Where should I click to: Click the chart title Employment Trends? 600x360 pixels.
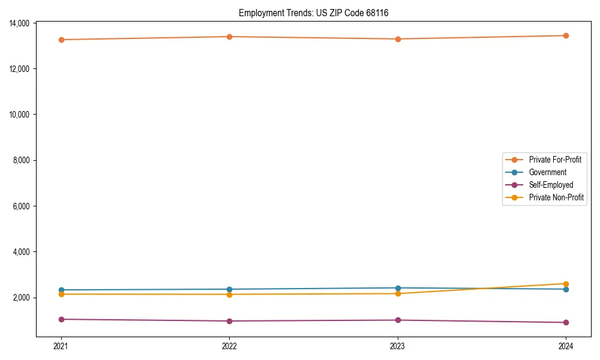[x=313, y=13]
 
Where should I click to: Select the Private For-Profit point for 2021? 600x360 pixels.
[x=61, y=40]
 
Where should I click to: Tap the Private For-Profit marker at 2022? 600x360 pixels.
[x=229, y=37]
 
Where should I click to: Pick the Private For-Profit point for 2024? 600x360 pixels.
[x=566, y=35]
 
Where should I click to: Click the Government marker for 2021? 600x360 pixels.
[x=61, y=290]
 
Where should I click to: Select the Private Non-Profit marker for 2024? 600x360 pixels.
[x=566, y=284]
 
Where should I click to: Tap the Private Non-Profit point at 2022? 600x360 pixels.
[x=229, y=294]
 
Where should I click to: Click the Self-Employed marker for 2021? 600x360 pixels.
[x=61, y=319]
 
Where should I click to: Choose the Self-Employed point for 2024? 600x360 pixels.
[x=566, y=322]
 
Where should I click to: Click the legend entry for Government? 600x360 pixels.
[x=547, y=172]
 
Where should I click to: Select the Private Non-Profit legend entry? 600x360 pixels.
[x=556, y=197]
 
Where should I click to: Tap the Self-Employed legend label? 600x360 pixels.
[x=551, y=185]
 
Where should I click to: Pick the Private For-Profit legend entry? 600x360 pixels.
[x=555, y=160]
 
